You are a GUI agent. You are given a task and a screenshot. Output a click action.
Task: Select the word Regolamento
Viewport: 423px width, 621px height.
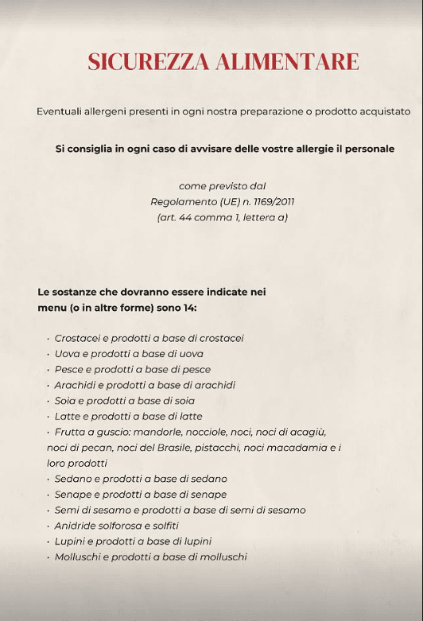pos(184,202)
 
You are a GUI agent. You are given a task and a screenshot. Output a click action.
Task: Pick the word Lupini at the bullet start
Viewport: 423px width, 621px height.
pos(71,541)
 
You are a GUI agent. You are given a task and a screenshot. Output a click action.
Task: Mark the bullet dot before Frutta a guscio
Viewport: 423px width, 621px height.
pos(49,432)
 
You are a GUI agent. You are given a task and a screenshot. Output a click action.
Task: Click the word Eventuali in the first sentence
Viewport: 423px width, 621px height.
pos(60,111)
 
